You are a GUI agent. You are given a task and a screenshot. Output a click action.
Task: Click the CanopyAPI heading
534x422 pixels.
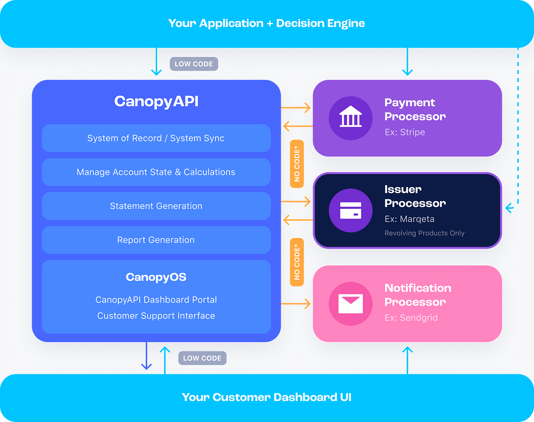click(156, 102)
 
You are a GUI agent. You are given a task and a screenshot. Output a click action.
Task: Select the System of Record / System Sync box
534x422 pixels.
click(156, 138)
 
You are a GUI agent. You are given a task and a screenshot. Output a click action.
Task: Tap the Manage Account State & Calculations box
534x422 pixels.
click(156, 172)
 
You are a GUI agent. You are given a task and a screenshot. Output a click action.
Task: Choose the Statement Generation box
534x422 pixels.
click(156, 206)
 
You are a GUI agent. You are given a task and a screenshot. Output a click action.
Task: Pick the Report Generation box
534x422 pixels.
click(156, 240)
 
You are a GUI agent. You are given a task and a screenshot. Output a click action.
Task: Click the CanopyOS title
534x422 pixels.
click(156, 277)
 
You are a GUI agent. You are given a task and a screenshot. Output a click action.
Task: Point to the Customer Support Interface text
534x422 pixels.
click(156, 315)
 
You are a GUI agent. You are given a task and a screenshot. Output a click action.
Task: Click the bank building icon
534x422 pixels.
click(351, 116)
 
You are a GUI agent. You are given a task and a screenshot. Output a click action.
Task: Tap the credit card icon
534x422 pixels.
click(351, 210)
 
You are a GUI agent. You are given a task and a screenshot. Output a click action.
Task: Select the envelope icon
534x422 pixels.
click(351, 304)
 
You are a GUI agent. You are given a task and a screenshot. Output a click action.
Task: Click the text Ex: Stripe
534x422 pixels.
click(405, 132)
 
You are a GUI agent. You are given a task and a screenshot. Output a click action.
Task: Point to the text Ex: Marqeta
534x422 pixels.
click(409, 219)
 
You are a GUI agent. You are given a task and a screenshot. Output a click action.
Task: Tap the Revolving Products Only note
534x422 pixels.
click(424, 233)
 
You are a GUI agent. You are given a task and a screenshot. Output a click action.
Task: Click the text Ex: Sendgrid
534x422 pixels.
click(411, 318)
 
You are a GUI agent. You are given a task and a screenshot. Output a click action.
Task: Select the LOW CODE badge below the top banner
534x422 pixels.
click(194, 64)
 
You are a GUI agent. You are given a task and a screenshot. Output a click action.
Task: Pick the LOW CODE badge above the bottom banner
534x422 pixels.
click(202, 358)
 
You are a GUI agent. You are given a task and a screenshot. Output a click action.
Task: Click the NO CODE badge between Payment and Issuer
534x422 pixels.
click(297, 164)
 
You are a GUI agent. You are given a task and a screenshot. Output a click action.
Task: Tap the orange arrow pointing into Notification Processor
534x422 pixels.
click(296, 304)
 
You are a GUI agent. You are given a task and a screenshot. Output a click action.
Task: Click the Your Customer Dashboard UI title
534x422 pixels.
click(267, 397)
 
